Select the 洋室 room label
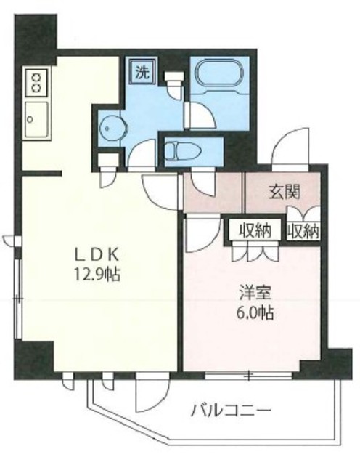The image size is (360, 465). click(256, 295)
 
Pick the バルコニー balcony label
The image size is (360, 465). click(231, 411)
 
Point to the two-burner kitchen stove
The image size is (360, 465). click(36, 81)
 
